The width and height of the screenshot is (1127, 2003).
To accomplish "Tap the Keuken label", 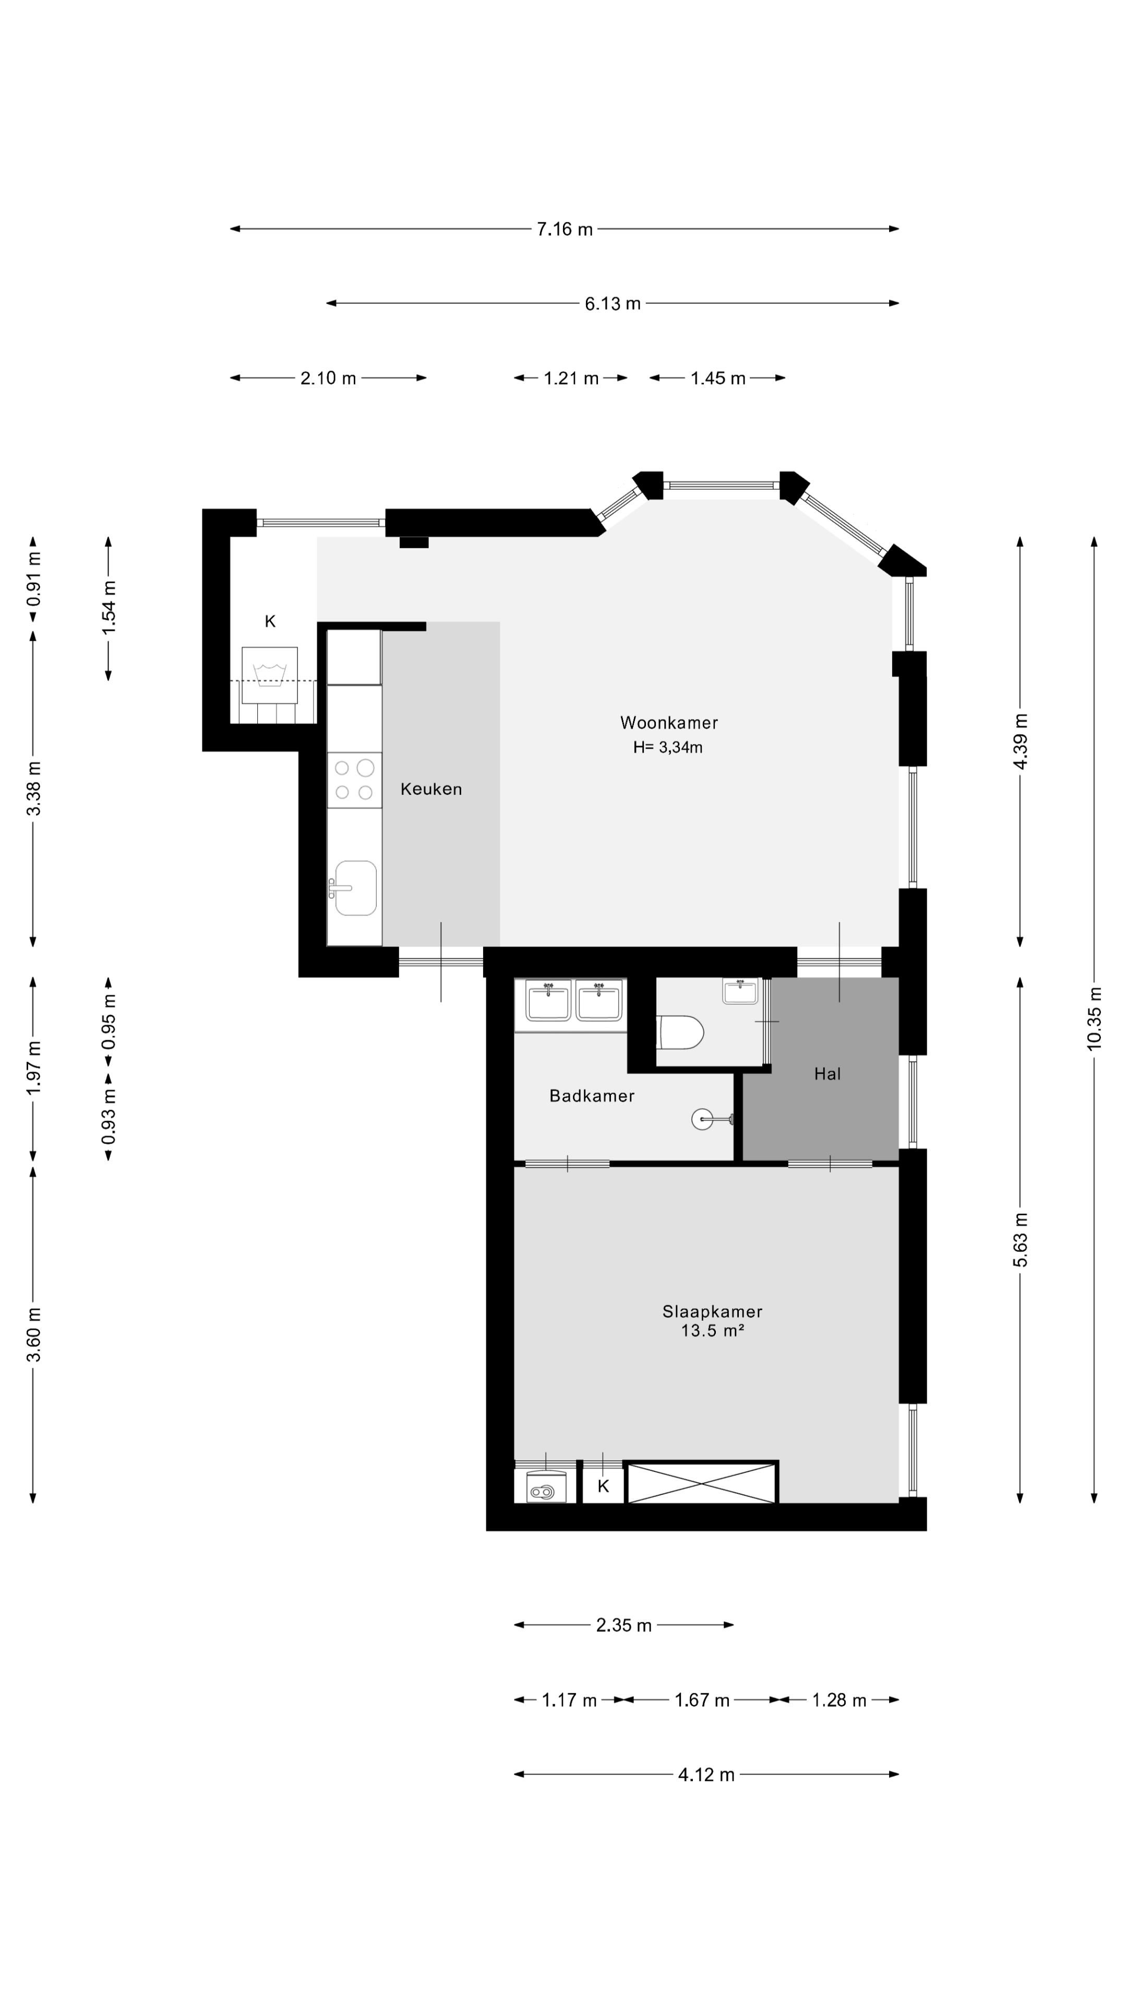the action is pyautogui.click(x=431, y=789).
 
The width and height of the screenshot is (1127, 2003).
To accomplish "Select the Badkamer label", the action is pyautogui.click(x=591, y=1095).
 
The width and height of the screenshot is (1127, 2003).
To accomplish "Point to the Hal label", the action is pyautogui.click(x=827, y=1074).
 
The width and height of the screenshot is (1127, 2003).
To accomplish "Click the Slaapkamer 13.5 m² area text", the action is pyautogui.click(x=712, y=1320).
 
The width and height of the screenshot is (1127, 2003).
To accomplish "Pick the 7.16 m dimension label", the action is pyautogui.click(x=565, y=228).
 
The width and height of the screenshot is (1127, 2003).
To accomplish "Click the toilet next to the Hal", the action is pyautogui.click(x=680, y=1032).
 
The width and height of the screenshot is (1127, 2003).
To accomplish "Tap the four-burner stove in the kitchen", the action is pyautogui.click(x=354, y=780).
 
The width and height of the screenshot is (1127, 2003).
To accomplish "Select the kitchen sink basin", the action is pyautogui.click(x=355, y=888).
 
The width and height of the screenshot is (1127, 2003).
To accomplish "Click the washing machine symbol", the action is pyautogui.click(x=269, y=675).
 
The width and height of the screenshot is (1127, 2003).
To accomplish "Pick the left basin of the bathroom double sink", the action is pyautogui.click(x=548, y=1000).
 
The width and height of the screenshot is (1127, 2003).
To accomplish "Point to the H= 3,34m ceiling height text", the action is pyautogui.click(x=667, y=747).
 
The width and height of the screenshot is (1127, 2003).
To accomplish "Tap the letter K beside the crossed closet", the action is pyautogui.click(x=603, y=1487).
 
